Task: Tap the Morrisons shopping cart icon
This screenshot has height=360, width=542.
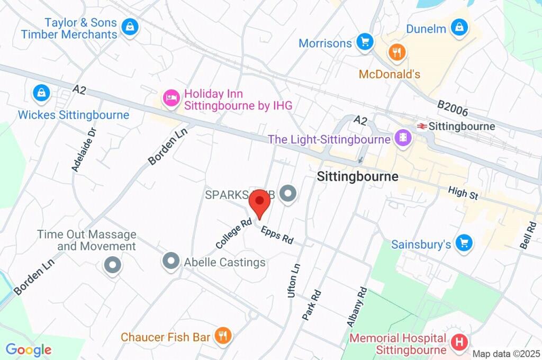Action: tap(364, 42)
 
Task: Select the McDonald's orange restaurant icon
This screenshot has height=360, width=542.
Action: tap(396, 52)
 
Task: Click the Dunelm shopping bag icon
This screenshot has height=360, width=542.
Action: tap(459, 28)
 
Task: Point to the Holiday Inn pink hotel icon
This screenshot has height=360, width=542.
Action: tap(170, 98)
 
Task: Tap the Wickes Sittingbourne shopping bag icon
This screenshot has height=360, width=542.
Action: tap(41, 94)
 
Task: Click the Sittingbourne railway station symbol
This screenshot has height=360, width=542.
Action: tap(422, 127)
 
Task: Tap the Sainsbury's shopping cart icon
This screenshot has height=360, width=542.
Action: tap(464, 243)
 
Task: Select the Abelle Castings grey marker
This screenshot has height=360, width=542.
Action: tap(171, 261)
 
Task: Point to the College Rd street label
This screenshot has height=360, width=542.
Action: tap(233, 234)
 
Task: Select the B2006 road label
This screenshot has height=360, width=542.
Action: tap(453, 109)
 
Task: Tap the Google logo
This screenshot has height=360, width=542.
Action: tap(28, 350)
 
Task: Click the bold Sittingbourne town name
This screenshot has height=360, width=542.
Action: tap(357, 177)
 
